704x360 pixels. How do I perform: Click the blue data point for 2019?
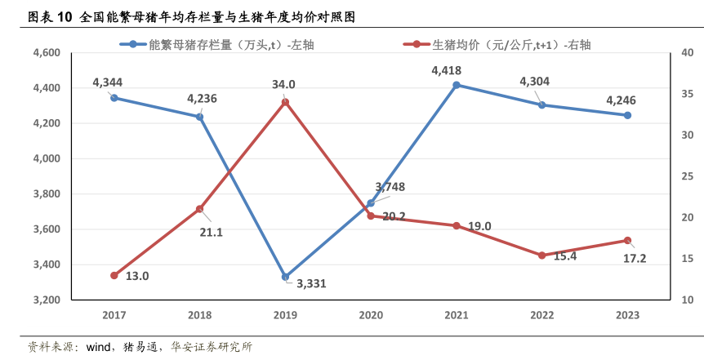285,278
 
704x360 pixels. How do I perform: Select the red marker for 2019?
285,102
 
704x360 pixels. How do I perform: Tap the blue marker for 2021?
456,85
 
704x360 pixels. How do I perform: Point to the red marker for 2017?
114,276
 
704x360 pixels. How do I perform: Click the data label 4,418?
448,71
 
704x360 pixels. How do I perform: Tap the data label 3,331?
311,284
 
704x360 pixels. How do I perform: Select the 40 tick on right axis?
687,53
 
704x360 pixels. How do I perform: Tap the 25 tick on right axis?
687,176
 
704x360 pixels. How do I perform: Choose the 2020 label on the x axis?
371,315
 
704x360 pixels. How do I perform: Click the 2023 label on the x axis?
627,315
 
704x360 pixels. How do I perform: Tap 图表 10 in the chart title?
50,17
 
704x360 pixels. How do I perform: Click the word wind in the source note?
97,347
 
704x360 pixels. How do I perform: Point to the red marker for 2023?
627,241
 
